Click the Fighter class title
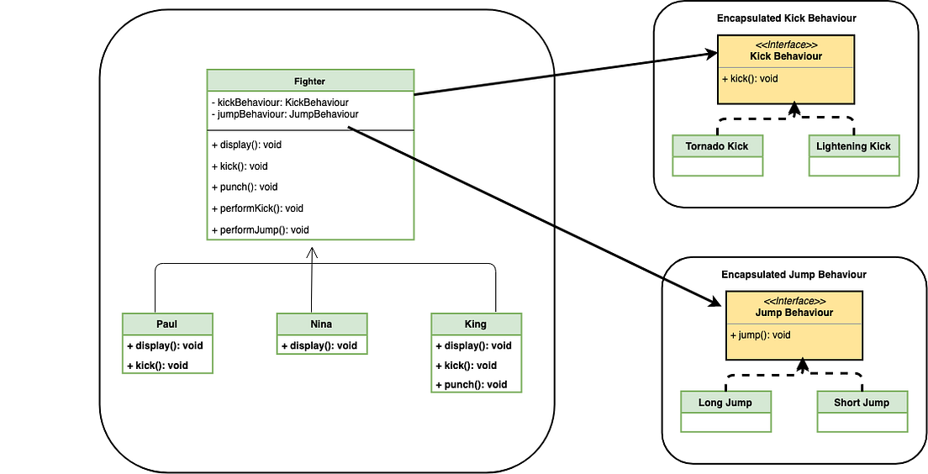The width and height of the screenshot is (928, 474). [310, 82]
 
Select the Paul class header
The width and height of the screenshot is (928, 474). [167, 324]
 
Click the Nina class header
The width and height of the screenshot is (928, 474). [322, 324]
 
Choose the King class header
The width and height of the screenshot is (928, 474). [476, 324]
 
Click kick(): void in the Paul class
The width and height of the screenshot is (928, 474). [158, 365]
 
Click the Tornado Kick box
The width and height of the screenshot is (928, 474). [717, 146]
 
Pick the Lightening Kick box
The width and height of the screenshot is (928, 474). [853, 146]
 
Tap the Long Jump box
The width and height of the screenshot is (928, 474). [725, 403]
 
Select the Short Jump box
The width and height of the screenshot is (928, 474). [862, 403]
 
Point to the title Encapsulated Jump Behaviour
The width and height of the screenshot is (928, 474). [794, 274]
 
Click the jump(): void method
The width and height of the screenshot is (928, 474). [761, 334]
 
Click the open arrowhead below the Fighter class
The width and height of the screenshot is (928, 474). [312, 252]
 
